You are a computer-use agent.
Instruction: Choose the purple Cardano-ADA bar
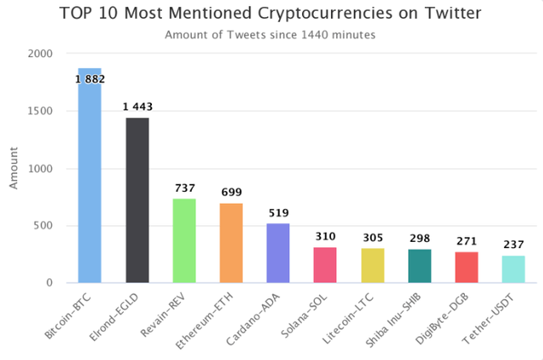click(278, 253)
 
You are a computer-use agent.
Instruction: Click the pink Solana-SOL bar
click(325, 265)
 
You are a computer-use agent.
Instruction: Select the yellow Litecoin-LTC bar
click(372, 265)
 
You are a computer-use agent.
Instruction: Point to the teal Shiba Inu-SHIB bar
click(419, 266)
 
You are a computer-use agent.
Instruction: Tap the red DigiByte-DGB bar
click(467, 267)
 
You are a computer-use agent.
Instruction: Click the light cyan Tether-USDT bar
click(513, 269)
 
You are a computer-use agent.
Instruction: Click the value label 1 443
click(137, 107)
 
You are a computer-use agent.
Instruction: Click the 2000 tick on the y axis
click(40, 53)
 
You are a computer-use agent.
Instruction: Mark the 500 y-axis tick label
click(43, 226)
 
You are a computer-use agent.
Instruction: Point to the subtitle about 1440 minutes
click(271, 35)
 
